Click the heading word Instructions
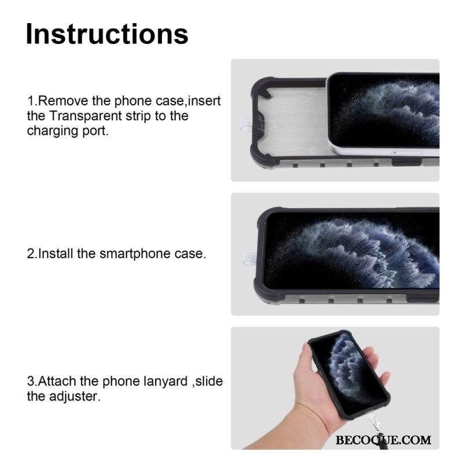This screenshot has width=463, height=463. pos(107,34)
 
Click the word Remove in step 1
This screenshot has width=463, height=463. pos(64,101)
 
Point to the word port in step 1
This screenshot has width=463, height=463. pos(95,131)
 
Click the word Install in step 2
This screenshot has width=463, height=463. pos(56,253)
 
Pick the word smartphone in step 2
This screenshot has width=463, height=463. pos(135,253)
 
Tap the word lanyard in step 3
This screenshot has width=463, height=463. pos(166,381)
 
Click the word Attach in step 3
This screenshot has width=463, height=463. pos(57,381)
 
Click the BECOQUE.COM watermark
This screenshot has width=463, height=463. pos(383,440)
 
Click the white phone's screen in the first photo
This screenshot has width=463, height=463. pos(384,111)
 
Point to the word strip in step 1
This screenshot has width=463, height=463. pos(138,116)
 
